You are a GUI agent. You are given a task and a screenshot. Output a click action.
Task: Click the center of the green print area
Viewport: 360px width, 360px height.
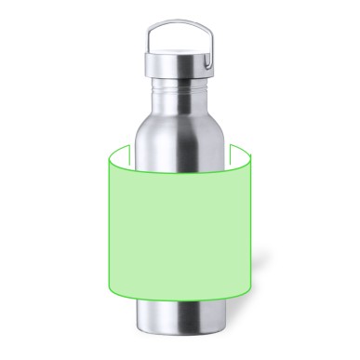pos(180,223)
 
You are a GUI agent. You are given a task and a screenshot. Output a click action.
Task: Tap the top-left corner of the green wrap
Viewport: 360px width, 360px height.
pos(111,150)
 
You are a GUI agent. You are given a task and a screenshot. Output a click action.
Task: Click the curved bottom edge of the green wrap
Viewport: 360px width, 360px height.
pos(180,303)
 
